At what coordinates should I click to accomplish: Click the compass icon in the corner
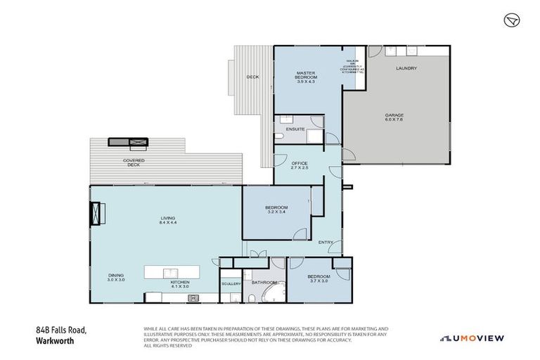pos(511,20)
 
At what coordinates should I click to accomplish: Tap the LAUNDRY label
pos(406,68)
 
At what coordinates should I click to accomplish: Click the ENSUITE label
pos(295,129)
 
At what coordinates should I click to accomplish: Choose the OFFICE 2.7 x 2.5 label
pos(300,165)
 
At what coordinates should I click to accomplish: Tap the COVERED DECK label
pos(134,162)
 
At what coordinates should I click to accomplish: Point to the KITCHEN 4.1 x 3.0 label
pos(181,284)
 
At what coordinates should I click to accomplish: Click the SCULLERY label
pos(231,283)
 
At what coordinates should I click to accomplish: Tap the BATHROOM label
pos(265,283)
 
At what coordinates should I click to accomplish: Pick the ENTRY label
pos(326,243)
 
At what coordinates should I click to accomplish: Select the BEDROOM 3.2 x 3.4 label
pos(276,209)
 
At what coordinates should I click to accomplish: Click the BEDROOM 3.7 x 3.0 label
pos(319,278)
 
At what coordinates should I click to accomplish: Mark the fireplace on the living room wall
pos(96,214)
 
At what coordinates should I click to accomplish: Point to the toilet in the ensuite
pos(280,135)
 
